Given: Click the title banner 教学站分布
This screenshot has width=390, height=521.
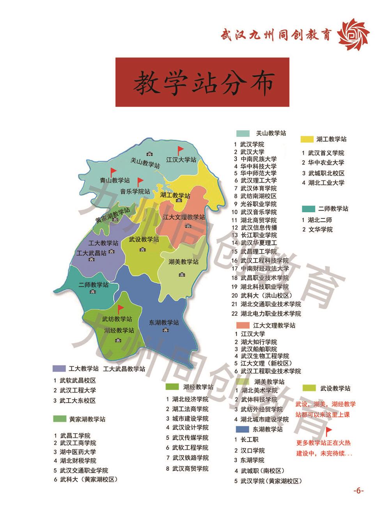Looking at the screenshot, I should click(x=202, y=82).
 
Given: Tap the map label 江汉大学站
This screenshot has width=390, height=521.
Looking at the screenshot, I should click(x=181, y=159).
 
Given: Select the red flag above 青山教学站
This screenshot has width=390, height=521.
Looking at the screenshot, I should click(x=113, y=172).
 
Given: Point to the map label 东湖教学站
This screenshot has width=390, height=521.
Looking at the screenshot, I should click(x=164, y=323).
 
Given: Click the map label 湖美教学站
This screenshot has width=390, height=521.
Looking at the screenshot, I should click(x=183, y=262).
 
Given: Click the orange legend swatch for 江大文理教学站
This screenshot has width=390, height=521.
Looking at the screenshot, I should click(x=243, y=325).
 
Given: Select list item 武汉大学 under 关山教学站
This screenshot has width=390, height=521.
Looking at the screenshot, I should click(x=252, y=152).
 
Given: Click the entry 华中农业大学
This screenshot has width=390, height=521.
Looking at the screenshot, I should click(x=326, y=163).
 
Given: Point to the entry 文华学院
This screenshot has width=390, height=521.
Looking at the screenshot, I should click(x=320, y=229).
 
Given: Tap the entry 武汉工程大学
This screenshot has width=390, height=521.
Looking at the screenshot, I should click(x=78, y=390).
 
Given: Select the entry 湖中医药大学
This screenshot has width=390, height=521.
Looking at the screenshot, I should click(x=78, y=452).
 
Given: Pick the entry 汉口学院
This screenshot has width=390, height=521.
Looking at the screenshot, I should click(x=252, y=450).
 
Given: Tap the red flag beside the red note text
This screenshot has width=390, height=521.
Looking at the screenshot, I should click(x=328, y=431).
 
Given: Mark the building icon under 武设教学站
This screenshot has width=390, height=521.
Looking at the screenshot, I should click(x=142, y=249).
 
